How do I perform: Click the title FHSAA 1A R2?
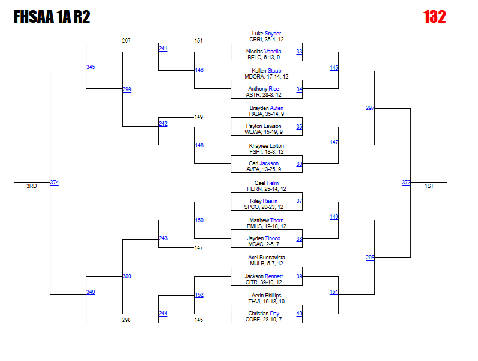[x=52, y=17]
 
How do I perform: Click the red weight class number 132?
[x=434, y=17]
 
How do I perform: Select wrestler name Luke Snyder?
[x=266, y=34]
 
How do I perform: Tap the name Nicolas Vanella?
[x=264, y=52]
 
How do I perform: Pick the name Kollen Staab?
[x=266, y=71]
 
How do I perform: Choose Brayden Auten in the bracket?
[x=266, y=108]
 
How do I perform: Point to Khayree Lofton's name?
[x=266, y=146]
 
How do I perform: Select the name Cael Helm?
[x=266, y=183]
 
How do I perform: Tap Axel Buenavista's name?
[x=266, y=258]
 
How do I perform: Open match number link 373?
[x=406, y=183]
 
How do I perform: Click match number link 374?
[x=55, y=183]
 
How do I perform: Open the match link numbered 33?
[x=299, y=52]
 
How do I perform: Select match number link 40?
[x=299, y=314]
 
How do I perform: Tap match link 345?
[x=91, y=67]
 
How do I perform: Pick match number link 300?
[x=127, y=276]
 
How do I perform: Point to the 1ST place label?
[x=429, y=187]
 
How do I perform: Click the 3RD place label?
[x=31, y=187]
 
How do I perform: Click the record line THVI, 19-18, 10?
[x=266, y=302]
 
